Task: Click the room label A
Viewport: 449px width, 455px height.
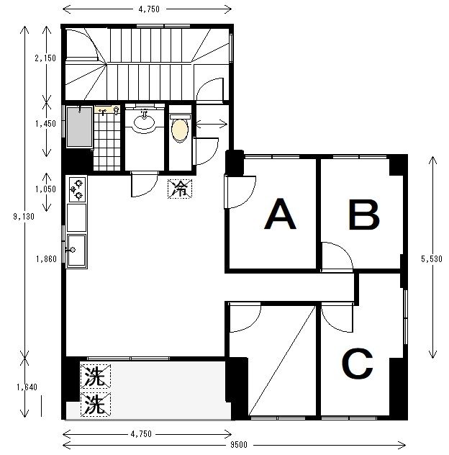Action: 280,214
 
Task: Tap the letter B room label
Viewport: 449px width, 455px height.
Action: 364,215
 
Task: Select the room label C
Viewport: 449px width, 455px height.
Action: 358,364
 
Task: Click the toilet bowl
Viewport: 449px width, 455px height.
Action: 180,130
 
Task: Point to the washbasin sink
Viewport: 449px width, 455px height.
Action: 144,122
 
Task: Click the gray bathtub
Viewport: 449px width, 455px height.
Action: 79,127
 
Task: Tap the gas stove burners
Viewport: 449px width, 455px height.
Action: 78,190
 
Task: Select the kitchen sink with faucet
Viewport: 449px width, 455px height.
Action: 76,251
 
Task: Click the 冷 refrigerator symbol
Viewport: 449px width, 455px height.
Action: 180,189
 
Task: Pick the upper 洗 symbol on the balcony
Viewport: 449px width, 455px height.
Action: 96,377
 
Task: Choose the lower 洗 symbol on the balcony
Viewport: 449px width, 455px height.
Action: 96,405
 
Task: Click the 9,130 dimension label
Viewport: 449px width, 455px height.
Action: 24,217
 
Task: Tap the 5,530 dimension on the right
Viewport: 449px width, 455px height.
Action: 432,259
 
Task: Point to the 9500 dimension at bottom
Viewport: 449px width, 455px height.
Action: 239,444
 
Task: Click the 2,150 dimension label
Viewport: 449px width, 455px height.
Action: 45,58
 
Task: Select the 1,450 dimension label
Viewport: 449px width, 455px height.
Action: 45,124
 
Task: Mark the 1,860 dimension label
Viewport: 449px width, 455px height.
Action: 46,259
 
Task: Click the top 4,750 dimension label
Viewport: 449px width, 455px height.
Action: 149,9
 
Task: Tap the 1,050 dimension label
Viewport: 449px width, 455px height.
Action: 45,189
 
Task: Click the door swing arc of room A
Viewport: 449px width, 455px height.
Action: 248,197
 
